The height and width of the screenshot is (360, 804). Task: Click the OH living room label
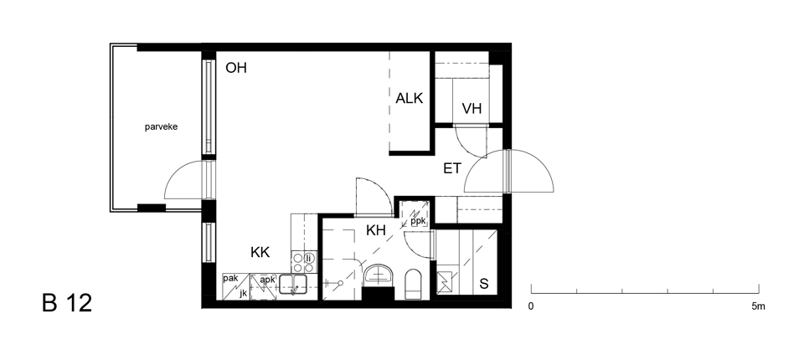pos(236,68)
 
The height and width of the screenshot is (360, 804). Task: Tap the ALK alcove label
pos(410,98)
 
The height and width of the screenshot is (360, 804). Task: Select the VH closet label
pos(472,108)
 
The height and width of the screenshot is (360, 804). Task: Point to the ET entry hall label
pos(452,168)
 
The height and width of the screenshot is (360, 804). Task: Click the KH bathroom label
pos(376,230)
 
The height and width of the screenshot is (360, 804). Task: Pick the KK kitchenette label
pos(260,252)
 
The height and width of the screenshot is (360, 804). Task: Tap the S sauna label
pos(483,284)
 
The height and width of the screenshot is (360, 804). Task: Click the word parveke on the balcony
pos(161,126)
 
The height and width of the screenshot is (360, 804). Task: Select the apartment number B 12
pos(67,303)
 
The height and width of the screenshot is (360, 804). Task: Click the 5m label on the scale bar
pos(759,306)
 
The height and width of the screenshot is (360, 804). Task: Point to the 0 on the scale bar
pos(531,306)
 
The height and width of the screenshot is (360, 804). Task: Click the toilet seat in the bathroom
pos(413,284)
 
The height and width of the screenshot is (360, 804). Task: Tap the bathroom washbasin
pos(379,275)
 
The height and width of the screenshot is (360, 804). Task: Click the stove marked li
pos(303,262)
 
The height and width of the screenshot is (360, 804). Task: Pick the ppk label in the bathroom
pos(418,221)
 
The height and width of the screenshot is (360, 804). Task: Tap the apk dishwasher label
pos(268,280)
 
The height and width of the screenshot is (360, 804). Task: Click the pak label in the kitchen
pos(230,279)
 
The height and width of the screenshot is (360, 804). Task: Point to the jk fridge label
pos(244,293)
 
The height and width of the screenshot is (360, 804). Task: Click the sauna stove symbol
pos(443,282)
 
